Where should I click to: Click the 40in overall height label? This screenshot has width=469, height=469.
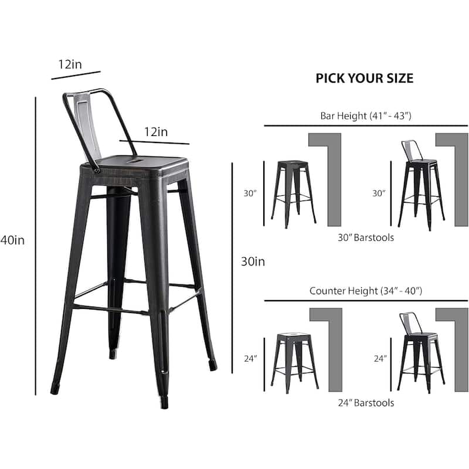pos(13,239)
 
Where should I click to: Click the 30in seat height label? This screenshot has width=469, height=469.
pos(253,261)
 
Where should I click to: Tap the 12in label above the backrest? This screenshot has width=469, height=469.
pos(70,64)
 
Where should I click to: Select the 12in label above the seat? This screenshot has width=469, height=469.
pos(155,132)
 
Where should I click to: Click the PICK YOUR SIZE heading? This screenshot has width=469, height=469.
pos(365,79)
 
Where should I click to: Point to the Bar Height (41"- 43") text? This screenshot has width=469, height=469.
pos(366,115)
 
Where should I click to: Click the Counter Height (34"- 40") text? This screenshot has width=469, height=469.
pos(366,290)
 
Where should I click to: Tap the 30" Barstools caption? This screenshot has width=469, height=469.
pos(366,237)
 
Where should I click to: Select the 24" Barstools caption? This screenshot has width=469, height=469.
pos(366,403)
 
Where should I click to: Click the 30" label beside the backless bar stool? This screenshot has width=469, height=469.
pos(251,192)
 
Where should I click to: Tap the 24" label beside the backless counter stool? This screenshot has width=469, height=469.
pos(251,358)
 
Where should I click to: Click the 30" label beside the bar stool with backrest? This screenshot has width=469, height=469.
pos(379,192)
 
